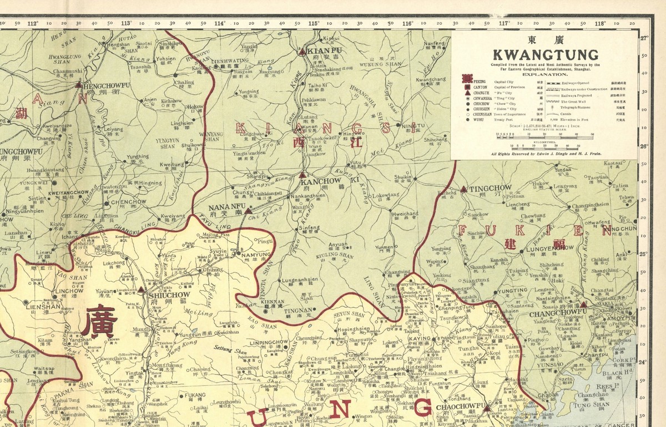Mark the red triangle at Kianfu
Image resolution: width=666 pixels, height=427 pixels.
click(302, 52)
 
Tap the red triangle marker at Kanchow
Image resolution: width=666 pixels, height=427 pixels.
click(302, 175)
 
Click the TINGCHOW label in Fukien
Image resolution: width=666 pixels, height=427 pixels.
click(491, 188)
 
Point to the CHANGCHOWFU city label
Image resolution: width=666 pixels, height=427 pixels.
click(553, 314)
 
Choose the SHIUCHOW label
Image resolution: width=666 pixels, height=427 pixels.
click(170, 295)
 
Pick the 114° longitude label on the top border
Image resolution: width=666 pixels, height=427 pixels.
click(220, 23)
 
